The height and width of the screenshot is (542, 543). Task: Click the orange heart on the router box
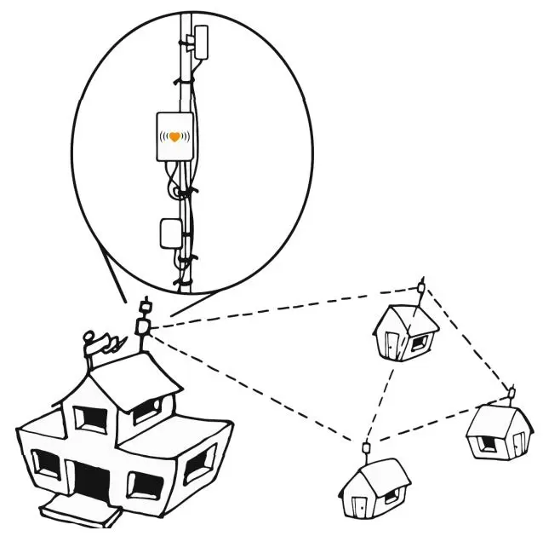click(175, 136)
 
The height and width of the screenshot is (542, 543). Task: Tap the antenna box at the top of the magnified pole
click(202, 41)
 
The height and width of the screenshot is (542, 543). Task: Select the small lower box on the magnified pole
click(169, 233)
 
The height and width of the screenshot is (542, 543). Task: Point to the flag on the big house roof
click(106, 343)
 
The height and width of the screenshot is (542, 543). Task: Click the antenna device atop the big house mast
click(144, 325)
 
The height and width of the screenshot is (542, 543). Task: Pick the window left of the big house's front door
click(47, 464)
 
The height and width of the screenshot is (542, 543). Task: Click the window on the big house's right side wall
click(197, 464)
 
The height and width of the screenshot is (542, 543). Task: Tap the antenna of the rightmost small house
click(512, 392)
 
